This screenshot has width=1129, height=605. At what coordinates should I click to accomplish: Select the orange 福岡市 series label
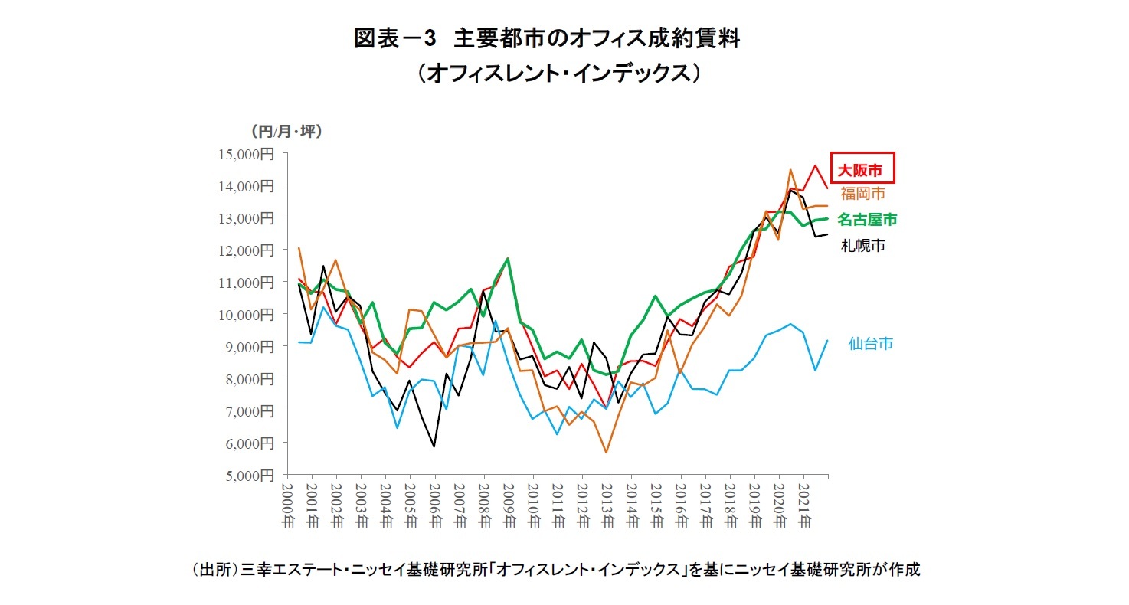click(x=862, y=193)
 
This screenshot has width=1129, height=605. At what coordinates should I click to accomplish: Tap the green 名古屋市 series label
click(x=867, y=220)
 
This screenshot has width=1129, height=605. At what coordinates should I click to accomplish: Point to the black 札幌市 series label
click(x=863, y=246)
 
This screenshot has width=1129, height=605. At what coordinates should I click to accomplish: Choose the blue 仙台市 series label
click(x=870, y=344)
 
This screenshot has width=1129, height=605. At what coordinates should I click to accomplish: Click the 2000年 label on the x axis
click(x=287, y=505)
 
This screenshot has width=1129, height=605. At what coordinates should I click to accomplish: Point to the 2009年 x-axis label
click(x=509, y=505)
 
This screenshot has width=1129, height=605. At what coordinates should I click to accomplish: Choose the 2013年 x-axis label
click(x=607, y=505)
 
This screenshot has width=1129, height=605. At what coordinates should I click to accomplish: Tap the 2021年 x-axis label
click(x=803, y=505)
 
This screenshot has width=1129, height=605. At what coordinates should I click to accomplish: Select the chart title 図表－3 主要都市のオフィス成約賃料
click(x=547, y=39)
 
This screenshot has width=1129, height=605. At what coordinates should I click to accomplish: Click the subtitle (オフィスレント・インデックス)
click(x=559, y=73)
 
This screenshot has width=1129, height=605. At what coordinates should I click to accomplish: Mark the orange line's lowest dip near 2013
click(x=606, y=453)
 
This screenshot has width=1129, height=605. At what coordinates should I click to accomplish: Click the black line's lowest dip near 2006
click(x=434, y=446)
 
